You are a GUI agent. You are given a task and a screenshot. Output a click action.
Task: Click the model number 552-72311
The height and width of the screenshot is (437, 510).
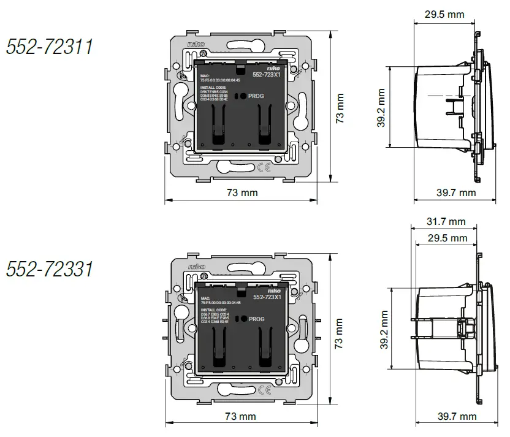pyautogui.click(x=50, y=47)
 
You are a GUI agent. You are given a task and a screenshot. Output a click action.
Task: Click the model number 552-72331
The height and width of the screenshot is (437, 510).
pyautogui.click(x=50, y=268)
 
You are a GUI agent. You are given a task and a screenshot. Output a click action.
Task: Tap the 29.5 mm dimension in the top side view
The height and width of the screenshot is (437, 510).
pyautogui.click(x=444, y=14)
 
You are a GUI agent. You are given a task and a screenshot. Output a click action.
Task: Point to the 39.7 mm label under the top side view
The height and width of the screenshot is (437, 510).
pyautogui.click(x=456, y=192)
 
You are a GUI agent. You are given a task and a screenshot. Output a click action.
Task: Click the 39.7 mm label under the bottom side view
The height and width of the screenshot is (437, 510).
pyautogui.click(x=456, y=417)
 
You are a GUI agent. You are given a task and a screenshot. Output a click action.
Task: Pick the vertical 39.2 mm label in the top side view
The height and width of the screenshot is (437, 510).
pyautogui.click(x=381, y=108)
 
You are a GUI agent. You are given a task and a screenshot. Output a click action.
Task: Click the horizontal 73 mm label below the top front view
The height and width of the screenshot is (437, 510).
pyautogui.click(x=242, y=192)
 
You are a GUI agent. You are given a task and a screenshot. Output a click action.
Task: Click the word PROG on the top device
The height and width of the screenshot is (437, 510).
pyautogui.click(x=256, y=96)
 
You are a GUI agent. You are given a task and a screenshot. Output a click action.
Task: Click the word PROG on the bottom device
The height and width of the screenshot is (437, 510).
pyautogui.click(x=256, y=319)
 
